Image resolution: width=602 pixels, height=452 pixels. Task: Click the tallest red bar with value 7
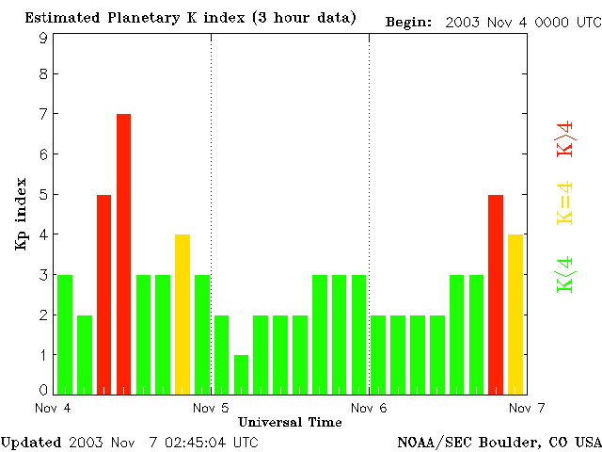click(x=123, y=252)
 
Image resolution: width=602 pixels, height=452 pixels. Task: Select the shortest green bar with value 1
click(x=241, y=374)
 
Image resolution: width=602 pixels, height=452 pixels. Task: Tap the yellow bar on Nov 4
click(x=182, y=314)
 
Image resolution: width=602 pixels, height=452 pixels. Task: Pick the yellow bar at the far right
click(x=515, y=314)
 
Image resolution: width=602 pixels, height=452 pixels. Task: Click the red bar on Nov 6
click(x=496, y=294)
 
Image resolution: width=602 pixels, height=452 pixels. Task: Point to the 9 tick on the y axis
click(x=43, y=38)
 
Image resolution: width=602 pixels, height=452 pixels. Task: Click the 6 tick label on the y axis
click(x=43, y=153)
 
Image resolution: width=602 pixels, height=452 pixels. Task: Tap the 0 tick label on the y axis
click(x=43, y=390)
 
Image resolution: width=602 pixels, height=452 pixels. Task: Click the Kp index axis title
click(x=20, y=214)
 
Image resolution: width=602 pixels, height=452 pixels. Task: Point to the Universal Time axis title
click(x=290, y=421)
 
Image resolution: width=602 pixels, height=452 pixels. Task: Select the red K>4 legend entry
click(x=565, y=138)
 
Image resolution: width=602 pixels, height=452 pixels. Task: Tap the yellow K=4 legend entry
click(x=565, y=203)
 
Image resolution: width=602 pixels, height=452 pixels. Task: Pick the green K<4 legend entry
click(x=565, y=275)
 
